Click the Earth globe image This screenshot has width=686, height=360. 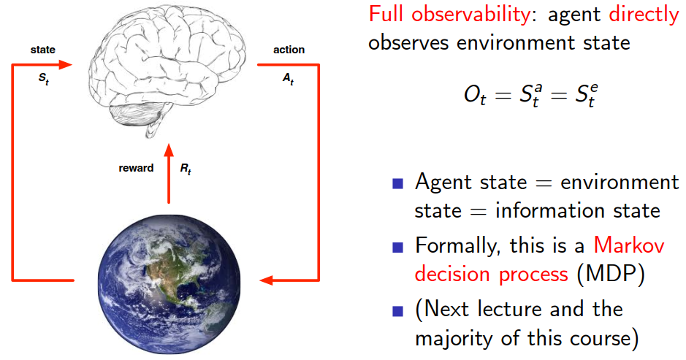coord(169,284)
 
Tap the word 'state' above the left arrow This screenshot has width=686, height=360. coord(43,50)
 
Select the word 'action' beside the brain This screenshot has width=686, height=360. coord(289,50)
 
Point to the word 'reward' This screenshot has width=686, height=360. coord(136,168)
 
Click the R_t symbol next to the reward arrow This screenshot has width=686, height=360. coord(186,169)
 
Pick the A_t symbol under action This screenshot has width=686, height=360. coord(288,79)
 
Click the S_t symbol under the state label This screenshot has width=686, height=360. coord(43,79)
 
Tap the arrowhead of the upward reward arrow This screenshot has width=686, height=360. coord(169,150)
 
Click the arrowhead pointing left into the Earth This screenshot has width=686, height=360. coord(266,280)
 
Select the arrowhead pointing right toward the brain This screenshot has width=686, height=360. coord(65,65)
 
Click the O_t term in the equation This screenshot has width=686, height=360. coord(475,95)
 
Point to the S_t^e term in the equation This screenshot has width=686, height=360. coord(586,95)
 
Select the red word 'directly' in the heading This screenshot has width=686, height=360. coord(644,15)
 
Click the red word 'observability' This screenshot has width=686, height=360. coord(470,15)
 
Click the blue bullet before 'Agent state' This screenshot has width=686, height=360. coord(397,183)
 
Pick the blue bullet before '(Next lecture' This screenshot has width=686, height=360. coord(397,311)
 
